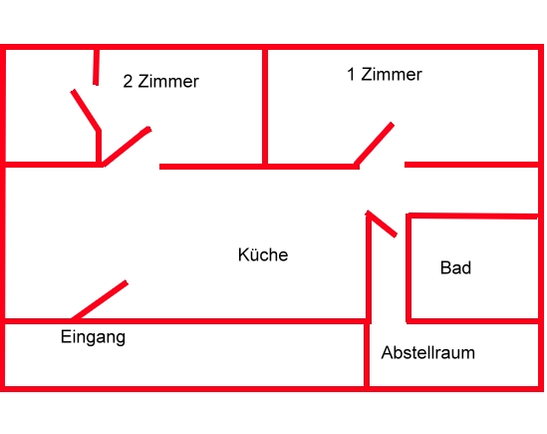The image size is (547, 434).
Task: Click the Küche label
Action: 263,254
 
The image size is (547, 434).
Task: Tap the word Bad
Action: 455,267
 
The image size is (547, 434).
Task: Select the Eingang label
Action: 93,337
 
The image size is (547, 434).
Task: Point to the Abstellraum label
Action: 428,352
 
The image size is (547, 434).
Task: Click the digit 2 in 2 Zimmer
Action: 128,82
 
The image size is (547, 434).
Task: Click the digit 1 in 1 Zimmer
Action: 351,75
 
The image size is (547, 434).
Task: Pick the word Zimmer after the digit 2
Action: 168,82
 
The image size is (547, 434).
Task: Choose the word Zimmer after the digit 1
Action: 392,75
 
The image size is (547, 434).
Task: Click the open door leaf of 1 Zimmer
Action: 374,144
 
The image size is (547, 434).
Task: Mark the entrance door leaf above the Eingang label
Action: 100,300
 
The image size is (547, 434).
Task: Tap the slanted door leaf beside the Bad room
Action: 382,223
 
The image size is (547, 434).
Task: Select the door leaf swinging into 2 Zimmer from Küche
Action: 127,147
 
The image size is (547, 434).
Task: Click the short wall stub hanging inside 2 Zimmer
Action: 96,67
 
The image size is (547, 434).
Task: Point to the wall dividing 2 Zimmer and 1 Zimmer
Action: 265,107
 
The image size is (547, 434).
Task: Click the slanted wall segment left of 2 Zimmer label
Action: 86,110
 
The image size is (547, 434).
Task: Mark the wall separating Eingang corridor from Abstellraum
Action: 367,355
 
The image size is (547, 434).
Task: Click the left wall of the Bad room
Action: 409,267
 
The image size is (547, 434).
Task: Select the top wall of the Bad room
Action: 472,216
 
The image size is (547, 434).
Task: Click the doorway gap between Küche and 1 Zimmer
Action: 382,166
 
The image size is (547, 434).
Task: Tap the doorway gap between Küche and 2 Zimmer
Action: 132,166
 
